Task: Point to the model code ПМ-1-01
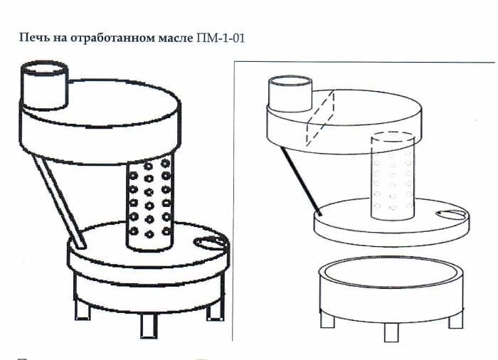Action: pyautogui.click(x=221, y=38)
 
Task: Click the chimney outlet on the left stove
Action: pyautogui.click(x=44, y=86)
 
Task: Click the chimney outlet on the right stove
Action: pyautogui.click(x=290, y=94)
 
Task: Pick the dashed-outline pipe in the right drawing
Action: pyautogui.click(x=393, y=176)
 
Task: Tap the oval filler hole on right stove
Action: pyautogui.click(x=450, y=214)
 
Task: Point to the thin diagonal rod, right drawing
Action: pyautogui.click(x=300, y=180)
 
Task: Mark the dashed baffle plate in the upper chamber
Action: pyautogui.click(x=320, y=118)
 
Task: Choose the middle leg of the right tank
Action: pyautogui.click(x=391, y=332)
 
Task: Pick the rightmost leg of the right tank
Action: pyautogui.click(x=456, y=319)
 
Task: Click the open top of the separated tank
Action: pyautogui.click(x=391, y=271)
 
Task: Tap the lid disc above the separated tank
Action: pyautogui.click(x=391, y=223)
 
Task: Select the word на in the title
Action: pyautogui.click(x=60, y=38)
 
